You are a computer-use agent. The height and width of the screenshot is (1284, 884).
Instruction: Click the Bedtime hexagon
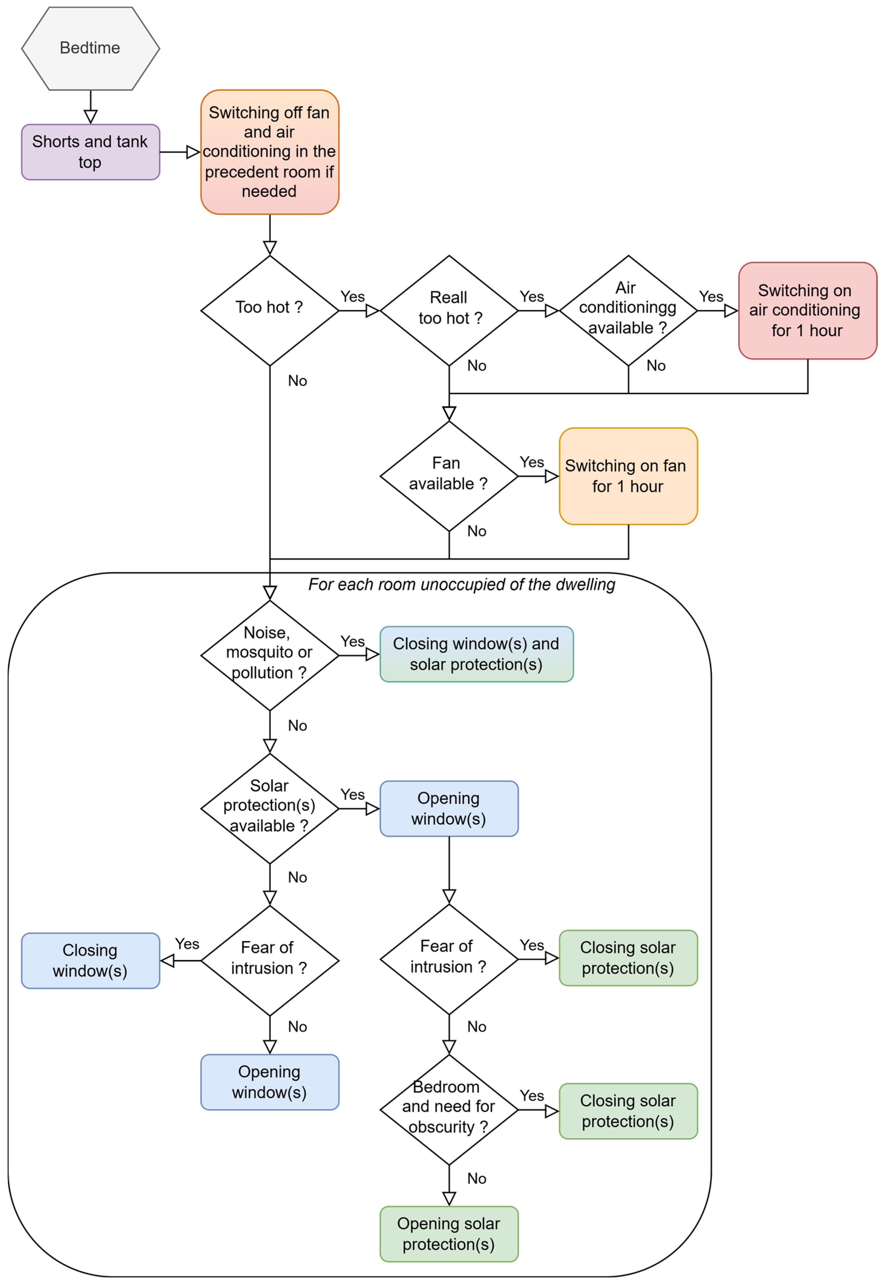[x=90, y=48]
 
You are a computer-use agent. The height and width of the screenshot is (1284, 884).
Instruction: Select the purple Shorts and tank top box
[x=90, y=152]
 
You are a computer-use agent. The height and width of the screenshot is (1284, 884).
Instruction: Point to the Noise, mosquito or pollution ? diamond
[x=270, y=655]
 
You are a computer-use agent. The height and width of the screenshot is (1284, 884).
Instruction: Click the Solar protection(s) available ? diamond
[x=270, y=809]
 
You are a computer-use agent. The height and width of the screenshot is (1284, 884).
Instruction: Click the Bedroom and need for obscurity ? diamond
[x=449, y=1110]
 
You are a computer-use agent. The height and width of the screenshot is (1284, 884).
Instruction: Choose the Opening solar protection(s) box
[x=449, y=1234]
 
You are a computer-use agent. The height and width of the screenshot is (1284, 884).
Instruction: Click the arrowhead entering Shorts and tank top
[x=90, y=117]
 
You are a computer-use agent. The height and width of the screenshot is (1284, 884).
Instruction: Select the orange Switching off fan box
[x=270, y=152]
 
